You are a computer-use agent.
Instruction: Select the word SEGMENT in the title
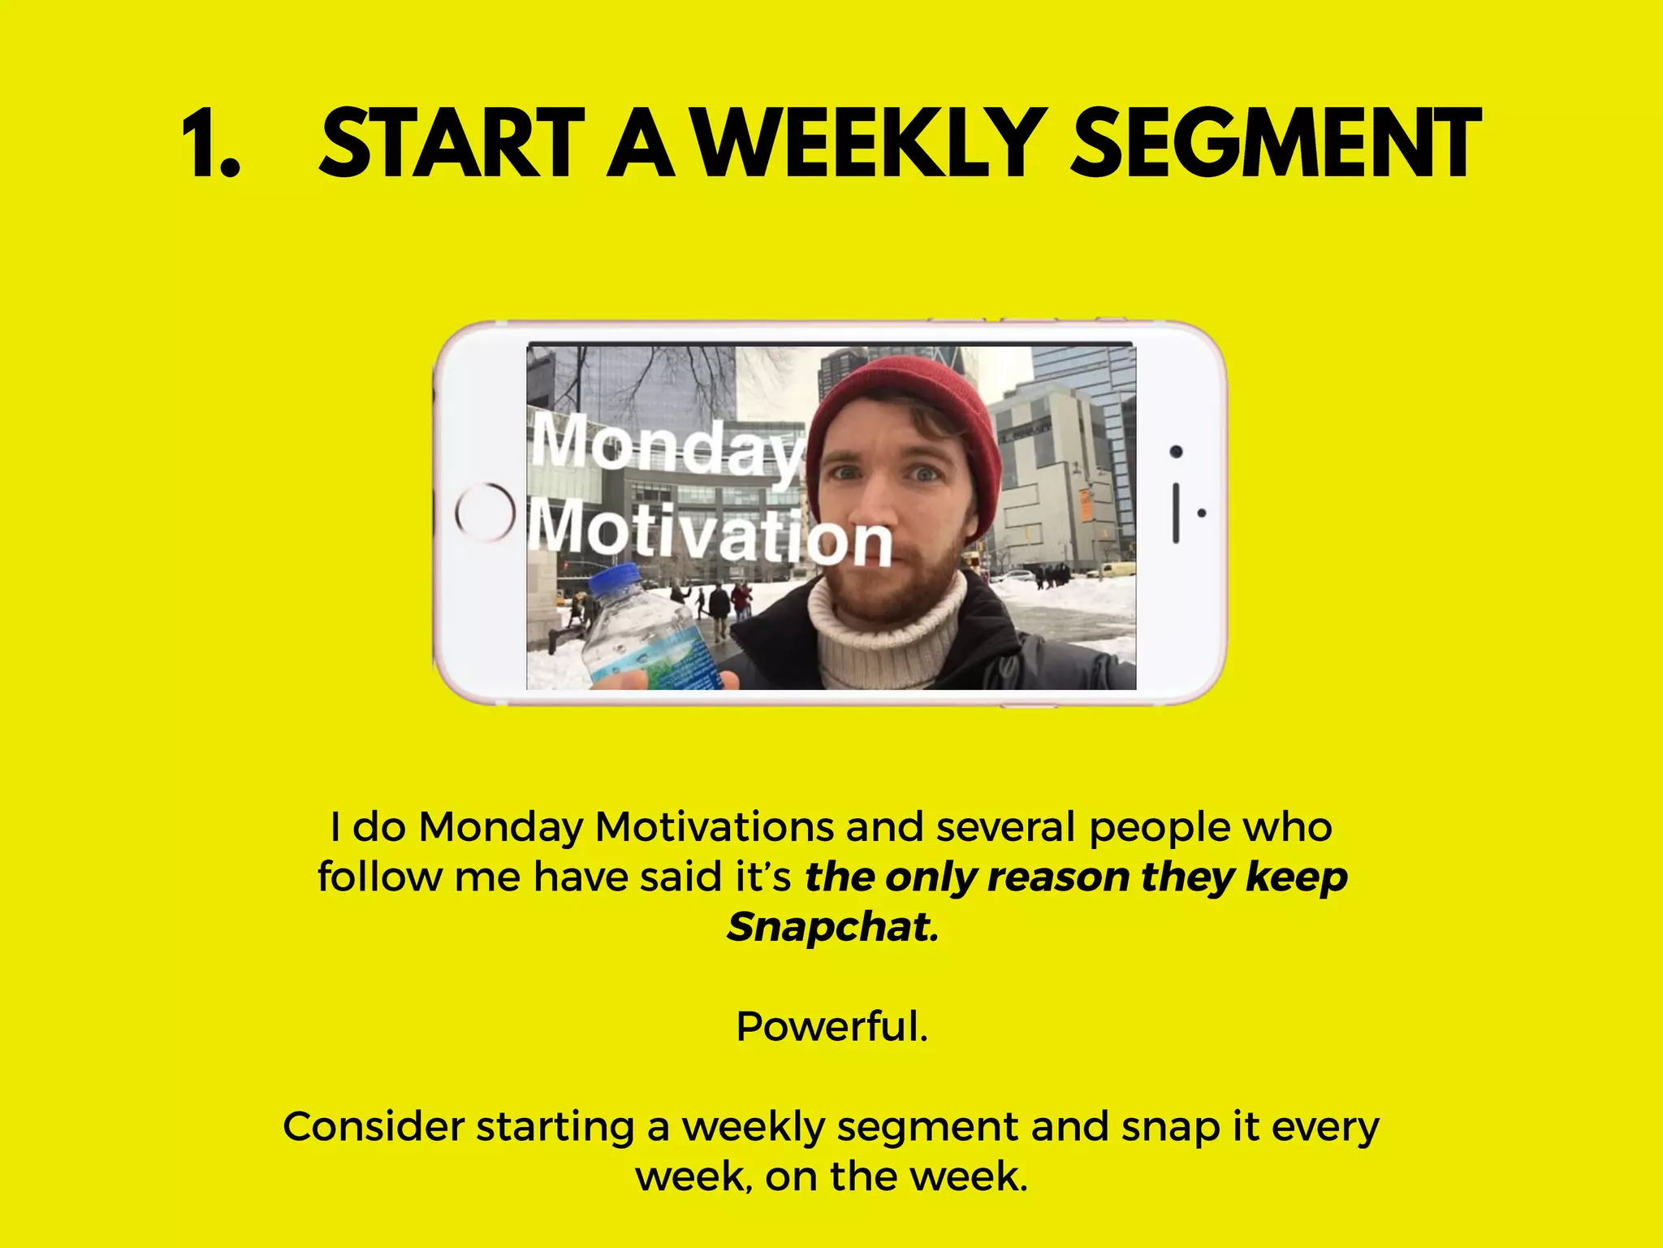1275,145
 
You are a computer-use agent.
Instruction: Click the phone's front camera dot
1176,452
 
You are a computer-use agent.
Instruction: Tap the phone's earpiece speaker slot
1176,512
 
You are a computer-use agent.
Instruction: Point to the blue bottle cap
615,583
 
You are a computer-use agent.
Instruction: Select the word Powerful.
831,1026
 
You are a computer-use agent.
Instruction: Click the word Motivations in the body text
714,827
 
